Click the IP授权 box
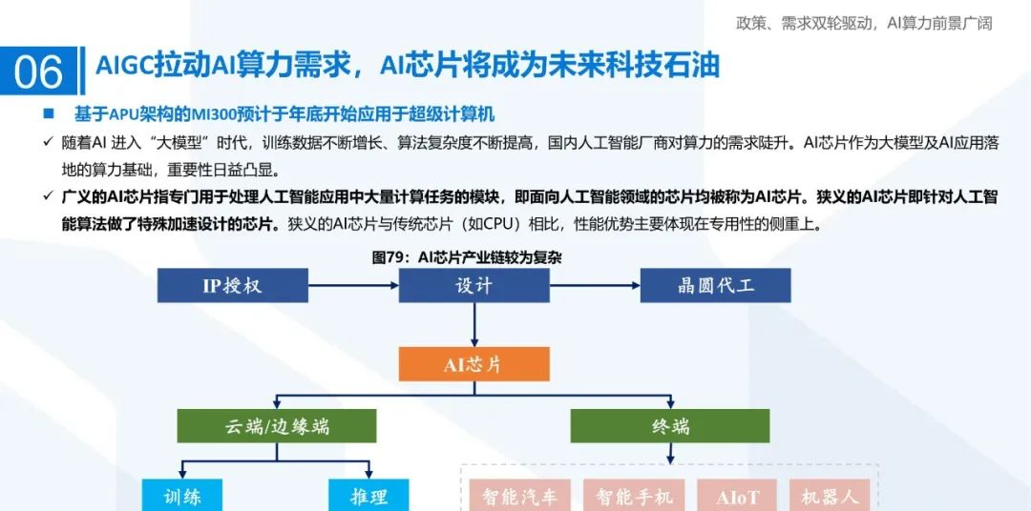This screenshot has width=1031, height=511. pos(232,285)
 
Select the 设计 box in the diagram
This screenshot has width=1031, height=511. pos(474,285)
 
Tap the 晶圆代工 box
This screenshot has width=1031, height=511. pos(715,285)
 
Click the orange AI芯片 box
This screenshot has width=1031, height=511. pos(474,364)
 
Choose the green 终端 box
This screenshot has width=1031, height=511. pos(670,425)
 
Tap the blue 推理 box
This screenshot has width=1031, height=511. pos(368,496)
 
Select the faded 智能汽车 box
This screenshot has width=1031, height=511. pos(519,496)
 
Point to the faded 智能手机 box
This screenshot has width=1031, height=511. pos(635,496)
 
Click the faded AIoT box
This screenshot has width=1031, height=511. pos(738,496)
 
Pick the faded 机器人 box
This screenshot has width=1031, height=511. pos(830,496)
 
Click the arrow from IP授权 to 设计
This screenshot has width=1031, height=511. pos(353,285)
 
